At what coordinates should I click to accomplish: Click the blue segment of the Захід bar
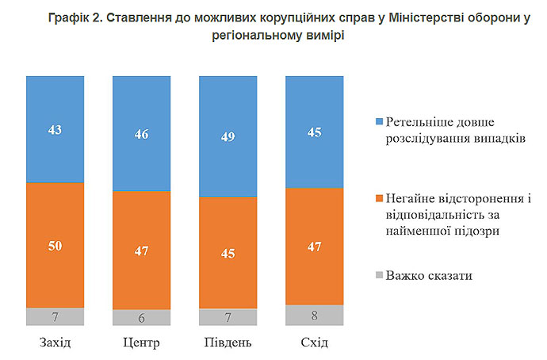pyautogui.click(x=55, y=128)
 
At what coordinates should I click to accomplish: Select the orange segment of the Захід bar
pyautogui.click(x=55, y=245)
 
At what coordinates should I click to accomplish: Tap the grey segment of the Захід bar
pyautogui.click(x=55, y=316)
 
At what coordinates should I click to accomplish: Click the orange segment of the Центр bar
pyautogui.click(x=142, y=251)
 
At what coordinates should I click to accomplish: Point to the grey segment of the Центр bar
pyautogui.click(x=142, y=317)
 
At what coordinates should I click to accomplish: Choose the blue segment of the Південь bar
pyautogui.click(x=228, y=136)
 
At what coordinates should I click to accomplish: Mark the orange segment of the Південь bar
pyautogui.click(x=228, y=252)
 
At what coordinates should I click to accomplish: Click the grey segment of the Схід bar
pyautogui.click(x=315, y=315)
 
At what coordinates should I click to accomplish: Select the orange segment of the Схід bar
pyautogui.click(x=315, y=247)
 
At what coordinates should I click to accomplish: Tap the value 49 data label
pyautogui.click(x=228, y=136)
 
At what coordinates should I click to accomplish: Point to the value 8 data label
pyautogui.click(x=315, y=316)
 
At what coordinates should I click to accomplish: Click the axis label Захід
pyautogui.click(x=55, y=343)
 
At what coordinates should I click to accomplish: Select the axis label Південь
pyautogui.click(x=228, y=343)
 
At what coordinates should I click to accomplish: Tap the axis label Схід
pyautogui.click(x=315, y=343)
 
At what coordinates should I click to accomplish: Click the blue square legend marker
pyautogui.click(x=379, y=121)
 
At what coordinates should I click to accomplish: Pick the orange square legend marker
pyautogui.click(x=379, y=197)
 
